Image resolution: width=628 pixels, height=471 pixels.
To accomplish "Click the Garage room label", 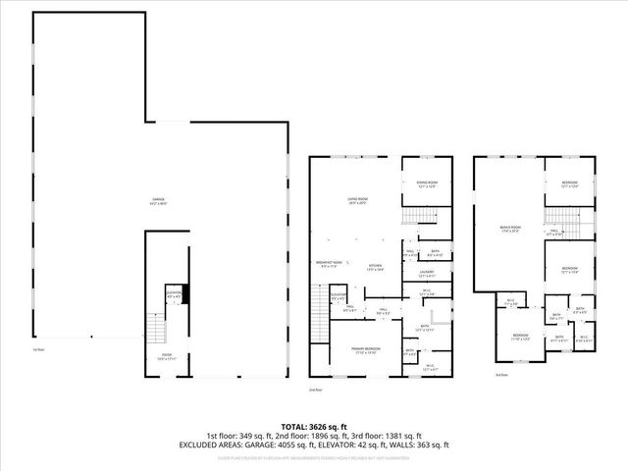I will click(x=157, y=203).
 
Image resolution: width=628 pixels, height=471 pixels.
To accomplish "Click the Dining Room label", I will click(x=426, y=183).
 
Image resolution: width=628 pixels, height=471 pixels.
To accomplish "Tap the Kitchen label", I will click(x=375, y=266).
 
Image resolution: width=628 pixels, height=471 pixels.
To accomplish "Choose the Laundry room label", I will click(x=426, y=273).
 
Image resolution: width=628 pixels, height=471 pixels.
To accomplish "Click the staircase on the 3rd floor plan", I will click(x=559, y=217).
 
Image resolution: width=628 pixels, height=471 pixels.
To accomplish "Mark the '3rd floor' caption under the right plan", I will click(x=501, y=374).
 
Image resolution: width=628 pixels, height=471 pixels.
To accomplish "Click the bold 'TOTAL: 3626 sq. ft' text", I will click(x=313, y=425).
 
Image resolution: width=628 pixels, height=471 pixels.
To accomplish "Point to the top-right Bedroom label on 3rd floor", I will click(x=569, y=183).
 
